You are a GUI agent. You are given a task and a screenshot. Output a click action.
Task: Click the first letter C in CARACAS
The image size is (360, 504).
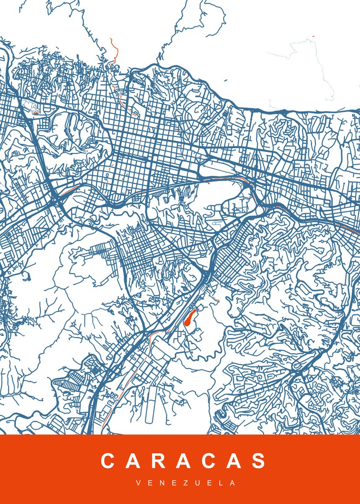(108, 461)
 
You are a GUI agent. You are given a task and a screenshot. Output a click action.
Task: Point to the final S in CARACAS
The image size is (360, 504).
(258, 461)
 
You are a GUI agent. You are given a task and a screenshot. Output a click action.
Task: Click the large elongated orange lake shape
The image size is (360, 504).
(190, 318)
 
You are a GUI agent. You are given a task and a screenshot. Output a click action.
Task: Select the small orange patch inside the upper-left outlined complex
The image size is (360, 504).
(36, 112)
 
